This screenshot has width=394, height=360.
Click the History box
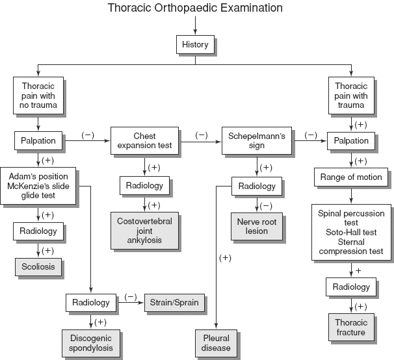(195, 45)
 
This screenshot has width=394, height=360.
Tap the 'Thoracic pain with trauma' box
(351, 95)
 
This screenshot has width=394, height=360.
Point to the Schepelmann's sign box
(253, 140)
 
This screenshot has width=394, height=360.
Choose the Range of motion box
(352, 177)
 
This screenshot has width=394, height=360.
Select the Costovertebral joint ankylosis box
(144, 231)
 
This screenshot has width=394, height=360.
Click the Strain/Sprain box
(175, 302)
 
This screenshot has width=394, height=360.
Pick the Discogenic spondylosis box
(92, 342)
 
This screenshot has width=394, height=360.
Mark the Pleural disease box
(216, 342)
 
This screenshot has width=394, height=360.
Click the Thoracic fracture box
(351, 328)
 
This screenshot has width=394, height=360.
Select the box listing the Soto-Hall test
(351, 233)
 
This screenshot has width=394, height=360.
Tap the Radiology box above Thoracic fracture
(351, 287)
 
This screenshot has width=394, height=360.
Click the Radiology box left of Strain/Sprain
(92, 302)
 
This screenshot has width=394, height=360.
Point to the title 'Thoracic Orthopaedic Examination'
(195, 8)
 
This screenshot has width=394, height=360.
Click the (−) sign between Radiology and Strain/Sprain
(130, 297)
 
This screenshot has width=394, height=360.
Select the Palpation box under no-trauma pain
(38, 140)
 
